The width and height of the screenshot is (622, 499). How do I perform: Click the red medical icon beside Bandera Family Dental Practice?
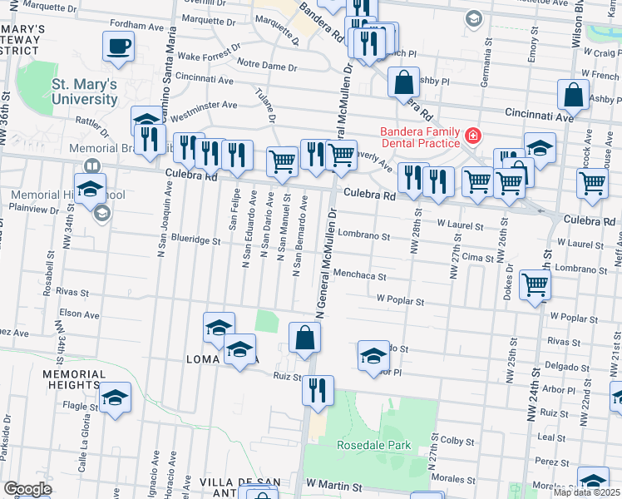pyautogui.click(x=472, y=134)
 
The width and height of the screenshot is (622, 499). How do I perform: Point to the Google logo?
pyautogui.click(x=27, y=490)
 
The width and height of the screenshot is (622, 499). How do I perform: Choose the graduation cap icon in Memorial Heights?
pyautogui.click(x=116, y=398)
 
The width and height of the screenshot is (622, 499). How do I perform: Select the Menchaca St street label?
pyautogui.click(x=359, y=275)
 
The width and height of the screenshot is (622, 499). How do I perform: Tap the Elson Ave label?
pyautogui.click(x=79, y=315)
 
